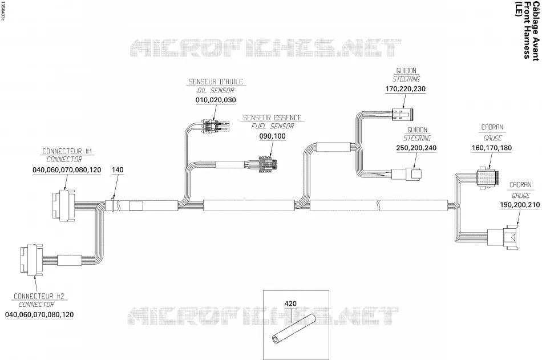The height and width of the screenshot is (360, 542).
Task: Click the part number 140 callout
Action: tap(118, 170)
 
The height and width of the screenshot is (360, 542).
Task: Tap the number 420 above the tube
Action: tap(290, 304)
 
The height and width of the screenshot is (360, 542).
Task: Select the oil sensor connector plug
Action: tap(216, 126)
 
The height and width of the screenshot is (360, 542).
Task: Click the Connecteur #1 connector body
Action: tap(63, 205)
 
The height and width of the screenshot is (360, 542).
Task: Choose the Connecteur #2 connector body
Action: tap(31, 260)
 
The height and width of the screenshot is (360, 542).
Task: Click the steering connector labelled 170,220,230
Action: tap(405, 115)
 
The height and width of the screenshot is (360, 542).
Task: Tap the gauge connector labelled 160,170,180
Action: tap(488, 177)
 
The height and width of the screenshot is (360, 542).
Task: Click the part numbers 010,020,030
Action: tap(216, 100)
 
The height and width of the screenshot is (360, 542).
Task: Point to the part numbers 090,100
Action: tap(272, 136)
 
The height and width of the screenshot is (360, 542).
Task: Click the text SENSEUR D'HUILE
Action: tap(216, 82)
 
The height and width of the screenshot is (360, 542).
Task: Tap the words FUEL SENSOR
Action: tap(272, 126)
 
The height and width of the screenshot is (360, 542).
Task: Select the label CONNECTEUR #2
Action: tap(39, 296)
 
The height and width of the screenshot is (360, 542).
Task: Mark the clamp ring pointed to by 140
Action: tap(112, 204)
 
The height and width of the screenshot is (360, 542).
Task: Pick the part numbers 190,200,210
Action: tap(520, 205)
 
